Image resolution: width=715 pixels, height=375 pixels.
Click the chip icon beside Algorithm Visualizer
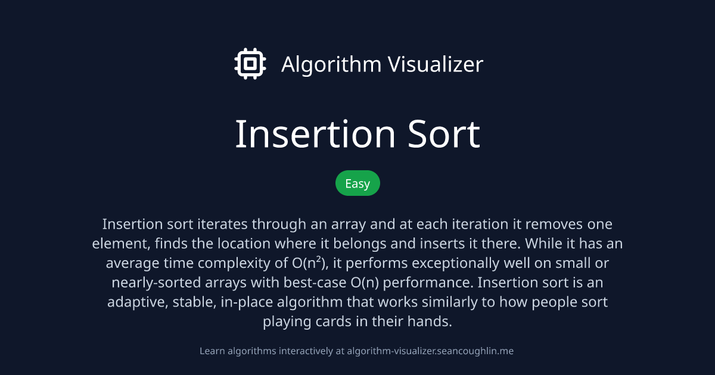250,64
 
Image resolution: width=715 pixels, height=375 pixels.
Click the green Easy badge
357,183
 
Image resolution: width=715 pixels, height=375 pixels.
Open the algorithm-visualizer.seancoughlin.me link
430,351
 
